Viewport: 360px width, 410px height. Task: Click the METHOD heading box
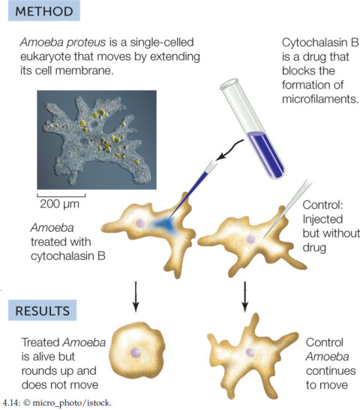(44, 10)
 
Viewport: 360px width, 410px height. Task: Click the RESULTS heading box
(43, 310)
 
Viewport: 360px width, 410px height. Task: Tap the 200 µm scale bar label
(59, 204)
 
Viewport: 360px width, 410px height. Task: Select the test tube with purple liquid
(252, 129)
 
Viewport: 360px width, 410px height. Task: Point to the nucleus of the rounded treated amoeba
(136, 353)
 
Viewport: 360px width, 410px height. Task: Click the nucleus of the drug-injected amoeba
(140, 223)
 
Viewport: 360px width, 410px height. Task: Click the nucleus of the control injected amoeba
(250, 239)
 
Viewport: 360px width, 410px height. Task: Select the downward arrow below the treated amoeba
(136, 297)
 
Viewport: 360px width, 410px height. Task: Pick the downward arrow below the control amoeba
(244, 297)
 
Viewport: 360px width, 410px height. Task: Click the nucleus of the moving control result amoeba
(250, 352)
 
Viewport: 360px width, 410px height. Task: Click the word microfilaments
(320, 99)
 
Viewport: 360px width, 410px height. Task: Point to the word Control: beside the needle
(322, 205)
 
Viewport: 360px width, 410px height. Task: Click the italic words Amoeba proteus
(63, 43)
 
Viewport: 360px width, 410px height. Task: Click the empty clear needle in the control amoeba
(288, 208)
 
